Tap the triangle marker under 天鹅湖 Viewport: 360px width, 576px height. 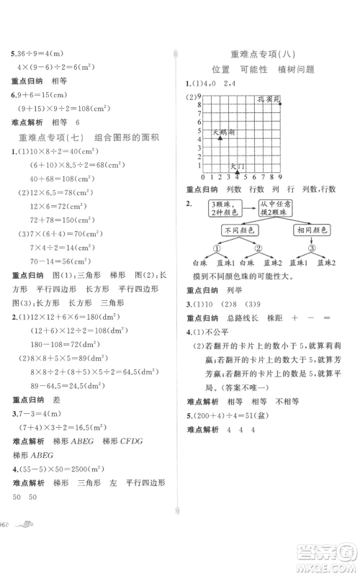coord(220,138)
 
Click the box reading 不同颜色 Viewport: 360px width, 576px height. coord(239,230)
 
